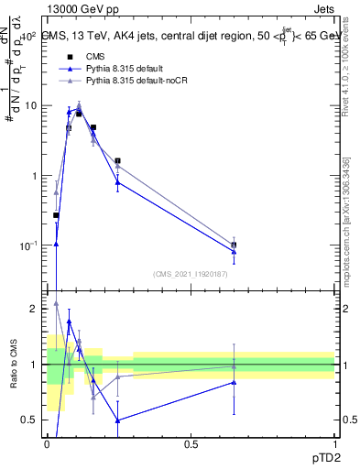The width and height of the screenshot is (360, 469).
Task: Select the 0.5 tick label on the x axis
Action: pos(191,443)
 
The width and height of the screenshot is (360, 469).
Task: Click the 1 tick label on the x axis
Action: pos(334,443)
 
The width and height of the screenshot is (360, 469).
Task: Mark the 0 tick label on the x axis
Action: pos(47,443)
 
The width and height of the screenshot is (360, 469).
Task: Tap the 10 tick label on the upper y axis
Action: pos(31,105)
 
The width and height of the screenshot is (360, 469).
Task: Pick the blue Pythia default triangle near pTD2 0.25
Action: pos(118,182)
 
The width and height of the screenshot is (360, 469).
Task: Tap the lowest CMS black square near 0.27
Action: pos(56,215)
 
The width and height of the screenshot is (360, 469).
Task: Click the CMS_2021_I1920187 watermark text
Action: pos(191,273)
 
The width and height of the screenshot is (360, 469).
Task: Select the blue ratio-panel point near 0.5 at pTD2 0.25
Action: pos(118,420)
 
